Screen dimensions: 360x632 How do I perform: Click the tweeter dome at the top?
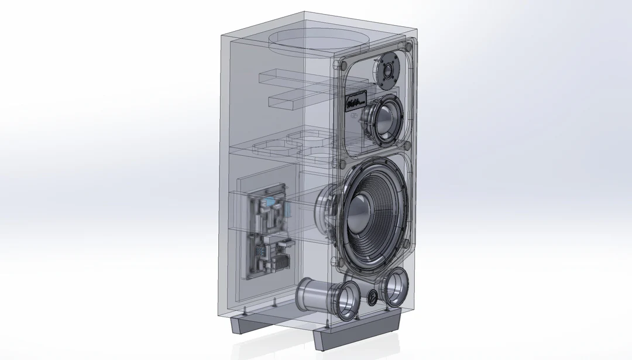[387, 70]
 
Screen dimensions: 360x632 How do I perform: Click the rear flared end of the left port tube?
[305, 295]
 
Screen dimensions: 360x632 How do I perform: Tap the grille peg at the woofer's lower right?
[404, 244]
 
